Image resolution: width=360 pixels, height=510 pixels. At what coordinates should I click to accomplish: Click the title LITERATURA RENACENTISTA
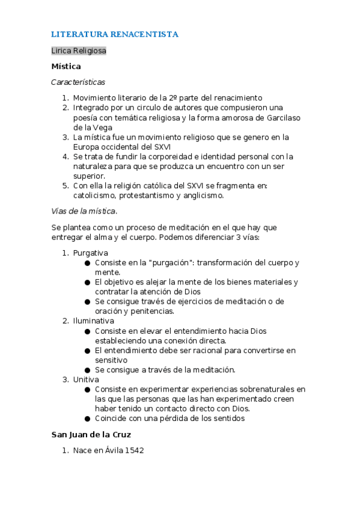point(115,34)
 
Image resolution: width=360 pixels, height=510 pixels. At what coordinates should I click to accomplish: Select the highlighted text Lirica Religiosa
point(79,51)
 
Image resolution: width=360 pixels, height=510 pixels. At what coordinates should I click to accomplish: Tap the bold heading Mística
point(66,66)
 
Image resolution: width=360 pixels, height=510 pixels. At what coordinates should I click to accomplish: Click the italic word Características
point(78,82)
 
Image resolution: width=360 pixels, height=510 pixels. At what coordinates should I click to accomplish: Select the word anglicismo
point(200,195)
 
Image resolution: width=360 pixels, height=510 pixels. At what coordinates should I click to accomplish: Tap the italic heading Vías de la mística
point(84,211)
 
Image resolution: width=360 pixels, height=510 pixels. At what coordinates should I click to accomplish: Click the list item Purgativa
point(90,253)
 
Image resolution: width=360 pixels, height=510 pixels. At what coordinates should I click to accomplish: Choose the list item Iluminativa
point(93,321)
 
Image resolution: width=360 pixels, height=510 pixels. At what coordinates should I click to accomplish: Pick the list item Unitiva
point(87,379)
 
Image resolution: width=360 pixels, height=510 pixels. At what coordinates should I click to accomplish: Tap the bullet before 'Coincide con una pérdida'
point(88,419)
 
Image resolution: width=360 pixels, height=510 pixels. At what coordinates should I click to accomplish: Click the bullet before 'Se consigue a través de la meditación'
point(88,370)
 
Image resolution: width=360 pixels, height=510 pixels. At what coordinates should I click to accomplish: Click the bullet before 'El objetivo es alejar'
point(88,282)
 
